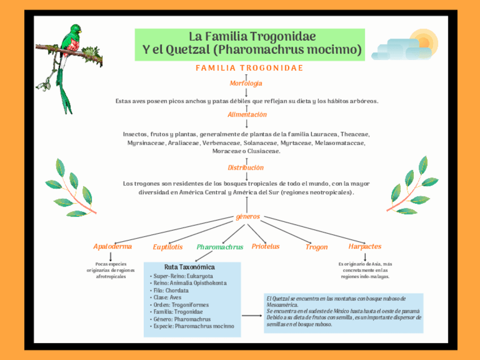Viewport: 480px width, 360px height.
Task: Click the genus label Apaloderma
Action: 113,247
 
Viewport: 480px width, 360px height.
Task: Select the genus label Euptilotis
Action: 168,247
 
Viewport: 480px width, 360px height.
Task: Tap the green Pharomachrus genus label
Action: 220,247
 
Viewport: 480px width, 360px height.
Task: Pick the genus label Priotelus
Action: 265,247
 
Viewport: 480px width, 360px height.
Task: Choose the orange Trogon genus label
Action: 316,247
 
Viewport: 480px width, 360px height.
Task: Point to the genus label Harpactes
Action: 365,247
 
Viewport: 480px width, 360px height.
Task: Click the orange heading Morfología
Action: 246,84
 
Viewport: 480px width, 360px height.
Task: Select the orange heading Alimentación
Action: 247,115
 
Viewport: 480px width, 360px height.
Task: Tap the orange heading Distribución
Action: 246,168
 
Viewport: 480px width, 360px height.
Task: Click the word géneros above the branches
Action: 247,217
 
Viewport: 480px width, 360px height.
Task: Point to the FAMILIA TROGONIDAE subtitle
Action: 250,68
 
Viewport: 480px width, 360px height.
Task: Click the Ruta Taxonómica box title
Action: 190,267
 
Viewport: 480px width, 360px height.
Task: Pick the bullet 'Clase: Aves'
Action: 168,297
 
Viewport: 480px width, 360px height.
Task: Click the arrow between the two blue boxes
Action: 251,316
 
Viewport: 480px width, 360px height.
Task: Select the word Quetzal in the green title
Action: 189,50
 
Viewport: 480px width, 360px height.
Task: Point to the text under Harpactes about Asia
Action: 365,270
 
